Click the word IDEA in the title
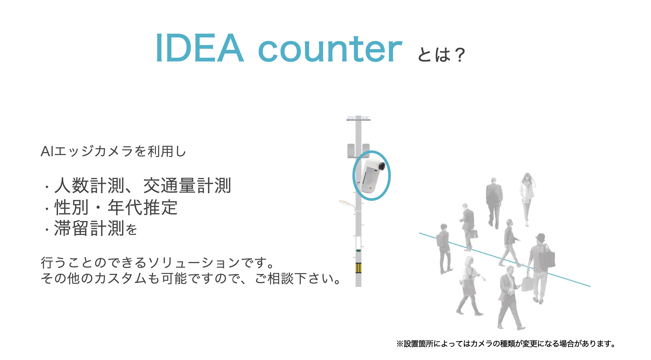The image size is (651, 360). pyautogui.click(x=200, y=48)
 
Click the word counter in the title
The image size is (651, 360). pyautogui.click(x=330, y=50)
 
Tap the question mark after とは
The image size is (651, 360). pyautogui.click(x=460, y=55)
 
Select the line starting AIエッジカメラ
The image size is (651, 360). pyautogui.click(x=113, y=151)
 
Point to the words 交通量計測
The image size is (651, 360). pyautogui.click(x=187, y=186)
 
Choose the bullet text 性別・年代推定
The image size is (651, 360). pyautogui.click(x=116, y=207)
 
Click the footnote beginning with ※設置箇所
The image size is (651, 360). pyautogui.click(x=506, y=344)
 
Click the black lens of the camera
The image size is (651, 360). pyautogui.click(x=382, y=166)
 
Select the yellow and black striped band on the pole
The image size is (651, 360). pyautogui.click(x=358, y=268)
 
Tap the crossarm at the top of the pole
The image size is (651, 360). pyautogui.click(x=358, y=120)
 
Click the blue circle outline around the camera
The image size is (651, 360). pyautogui.click(x=353, y=176)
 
